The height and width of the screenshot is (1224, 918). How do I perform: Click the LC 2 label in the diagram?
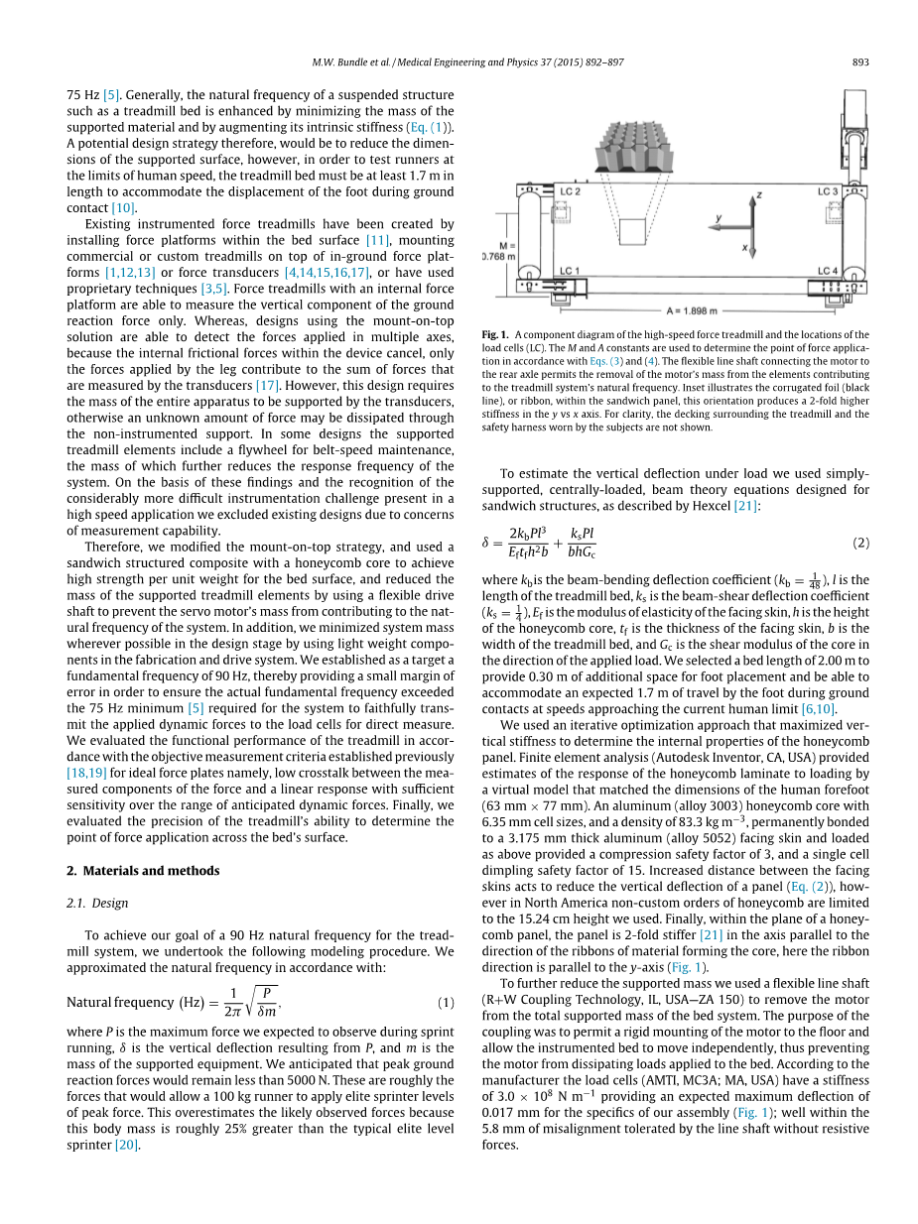point(571,190)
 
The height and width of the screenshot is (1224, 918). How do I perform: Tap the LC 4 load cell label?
point(828,270)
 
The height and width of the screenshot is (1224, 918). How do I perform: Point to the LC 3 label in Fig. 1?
point(828,190)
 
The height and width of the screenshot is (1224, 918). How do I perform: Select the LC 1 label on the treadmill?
point(570,270)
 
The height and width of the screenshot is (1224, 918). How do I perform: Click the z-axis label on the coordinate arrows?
point(758,196)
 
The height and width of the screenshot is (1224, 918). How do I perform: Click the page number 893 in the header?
point(860,62)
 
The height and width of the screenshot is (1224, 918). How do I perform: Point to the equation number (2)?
point(860,543)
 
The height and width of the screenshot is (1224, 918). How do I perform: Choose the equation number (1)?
point(446,1003)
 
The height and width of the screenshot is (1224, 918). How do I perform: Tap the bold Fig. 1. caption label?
point(494,335)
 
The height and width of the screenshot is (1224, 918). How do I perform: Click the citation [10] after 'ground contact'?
point(123,207)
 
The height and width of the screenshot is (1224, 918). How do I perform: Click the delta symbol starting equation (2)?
point(486,543)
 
